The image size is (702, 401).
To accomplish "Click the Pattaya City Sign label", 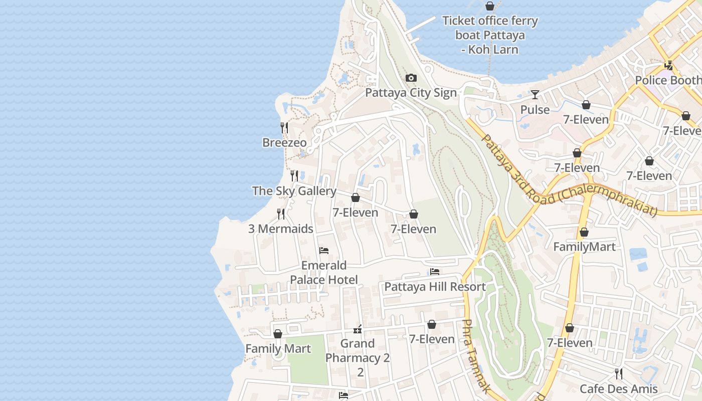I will [411, 93].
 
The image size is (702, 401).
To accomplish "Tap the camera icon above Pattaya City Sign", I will [411, 78].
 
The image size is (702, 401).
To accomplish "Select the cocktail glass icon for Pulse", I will [535, 95].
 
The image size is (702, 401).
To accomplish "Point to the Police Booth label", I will [668, 80].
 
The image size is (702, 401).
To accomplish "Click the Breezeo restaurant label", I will [284, 143].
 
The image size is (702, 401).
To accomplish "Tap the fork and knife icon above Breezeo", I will [284, 128].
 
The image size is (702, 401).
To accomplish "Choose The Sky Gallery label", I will [294, 191].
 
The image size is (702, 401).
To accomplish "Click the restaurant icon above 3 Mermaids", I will [281, 214].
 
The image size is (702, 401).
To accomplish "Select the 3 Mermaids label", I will [281, 229].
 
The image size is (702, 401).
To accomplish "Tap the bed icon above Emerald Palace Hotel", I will [324, 251].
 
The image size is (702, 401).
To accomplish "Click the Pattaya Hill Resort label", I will [435, 287].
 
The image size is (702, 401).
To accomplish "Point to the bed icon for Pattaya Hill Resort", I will [435, 272].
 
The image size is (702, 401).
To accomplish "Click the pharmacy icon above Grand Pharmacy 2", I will [358, 329].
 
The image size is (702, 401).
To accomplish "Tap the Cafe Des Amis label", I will [618, 389].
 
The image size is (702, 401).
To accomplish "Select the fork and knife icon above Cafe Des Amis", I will [619, 374].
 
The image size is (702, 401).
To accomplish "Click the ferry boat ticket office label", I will [490, 35].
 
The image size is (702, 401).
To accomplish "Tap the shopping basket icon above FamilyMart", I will [584, 232].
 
